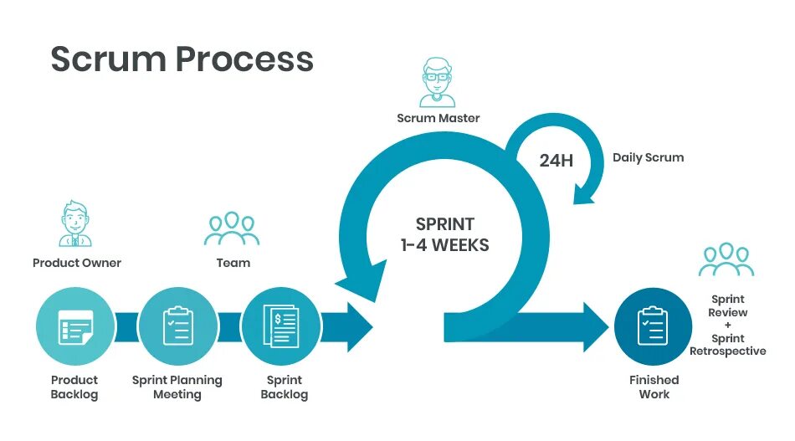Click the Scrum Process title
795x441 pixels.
pos(182,59)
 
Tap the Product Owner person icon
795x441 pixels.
pos(76,223)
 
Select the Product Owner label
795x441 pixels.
pos(77,263)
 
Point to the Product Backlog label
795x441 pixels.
pos(74,387)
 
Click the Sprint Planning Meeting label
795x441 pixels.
pos(177,387)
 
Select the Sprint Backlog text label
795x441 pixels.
pos(285,387)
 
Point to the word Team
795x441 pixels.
pos(233,263)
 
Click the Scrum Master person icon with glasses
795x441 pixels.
pos(438,82)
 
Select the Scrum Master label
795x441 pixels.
pos(439,118)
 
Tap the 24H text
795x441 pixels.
pos(556,160)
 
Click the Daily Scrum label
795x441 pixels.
pos(648,157)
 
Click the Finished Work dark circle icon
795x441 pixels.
pos(654,326)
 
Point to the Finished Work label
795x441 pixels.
pos(654,387)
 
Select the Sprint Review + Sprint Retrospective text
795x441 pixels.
pos(727,325)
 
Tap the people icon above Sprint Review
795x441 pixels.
pos(726,259)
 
